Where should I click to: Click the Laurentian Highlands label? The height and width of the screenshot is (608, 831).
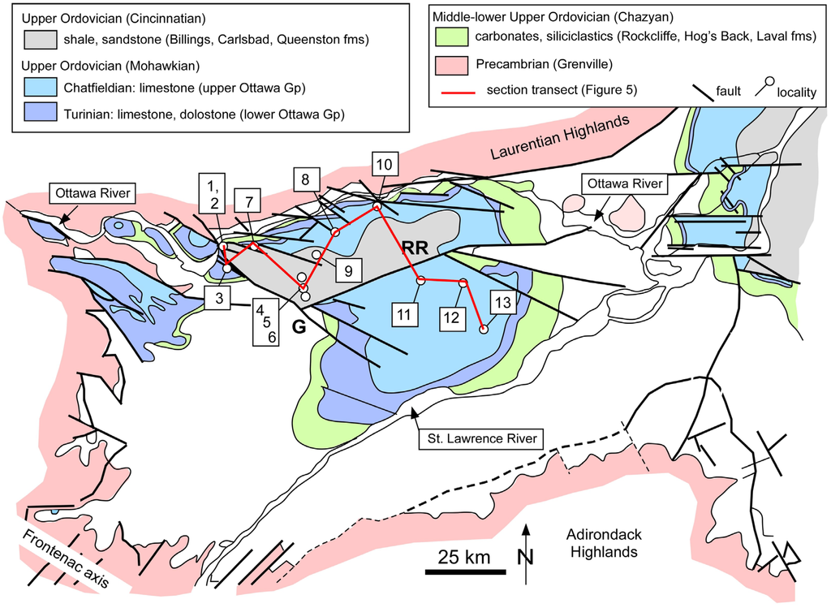click(560, 139)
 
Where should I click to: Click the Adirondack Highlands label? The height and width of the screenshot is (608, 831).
click(601, 544)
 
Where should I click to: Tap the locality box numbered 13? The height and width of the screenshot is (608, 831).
click(503, 303)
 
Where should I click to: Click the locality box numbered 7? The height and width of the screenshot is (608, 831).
click(249, 201)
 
